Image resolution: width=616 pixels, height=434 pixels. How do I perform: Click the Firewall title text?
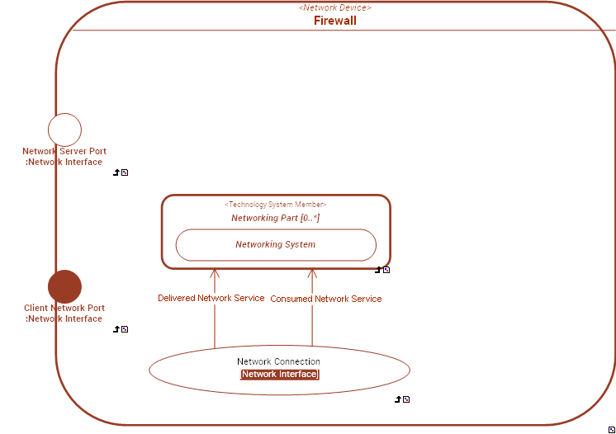[x=334, y=21]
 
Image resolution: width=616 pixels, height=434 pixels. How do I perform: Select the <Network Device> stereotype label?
[x=334, y=7]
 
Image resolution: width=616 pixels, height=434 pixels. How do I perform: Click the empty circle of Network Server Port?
[x=64, y=130]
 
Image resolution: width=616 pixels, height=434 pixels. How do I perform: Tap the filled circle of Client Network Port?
[x=64, y=286]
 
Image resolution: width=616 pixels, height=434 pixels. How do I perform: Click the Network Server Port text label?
[x=64, y=157]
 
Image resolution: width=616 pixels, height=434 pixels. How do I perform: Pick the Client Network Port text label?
[x=64, y=314]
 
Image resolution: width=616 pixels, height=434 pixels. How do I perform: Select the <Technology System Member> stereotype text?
[x=275, y=205]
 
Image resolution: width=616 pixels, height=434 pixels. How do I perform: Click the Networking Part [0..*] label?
[x=275, y=218]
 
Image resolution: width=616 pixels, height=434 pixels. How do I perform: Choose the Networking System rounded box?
[x=275, y=244]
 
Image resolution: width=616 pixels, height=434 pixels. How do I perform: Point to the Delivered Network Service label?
[x=211, y=298]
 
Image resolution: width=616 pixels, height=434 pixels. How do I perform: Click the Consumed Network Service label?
[x=326, y=299]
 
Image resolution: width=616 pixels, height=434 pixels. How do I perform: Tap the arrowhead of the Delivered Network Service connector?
[x=215, y=273]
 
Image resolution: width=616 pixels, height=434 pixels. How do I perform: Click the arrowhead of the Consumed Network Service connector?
[x=312, y=273]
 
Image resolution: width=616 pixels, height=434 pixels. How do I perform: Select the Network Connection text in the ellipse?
[x=278, y=361]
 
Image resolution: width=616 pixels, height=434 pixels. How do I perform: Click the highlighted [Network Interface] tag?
[x=279, y=375]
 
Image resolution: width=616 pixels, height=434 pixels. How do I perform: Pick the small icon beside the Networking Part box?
[x=382, y=270]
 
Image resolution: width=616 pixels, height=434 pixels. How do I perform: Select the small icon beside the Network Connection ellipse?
[x=402, y=399]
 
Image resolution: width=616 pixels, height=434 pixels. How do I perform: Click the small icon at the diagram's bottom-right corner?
[x=611, y=430]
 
